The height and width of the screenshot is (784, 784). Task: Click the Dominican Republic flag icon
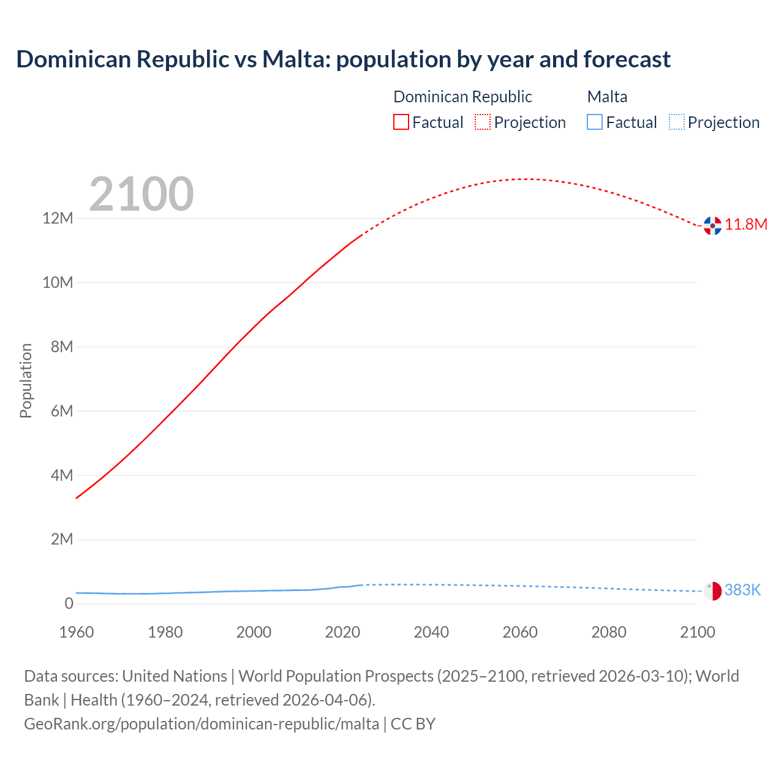712,225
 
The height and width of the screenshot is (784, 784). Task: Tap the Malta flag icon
712,591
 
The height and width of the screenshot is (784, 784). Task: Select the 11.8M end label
746,225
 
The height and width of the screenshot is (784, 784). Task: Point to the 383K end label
742,590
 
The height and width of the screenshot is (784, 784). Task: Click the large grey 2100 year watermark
141,194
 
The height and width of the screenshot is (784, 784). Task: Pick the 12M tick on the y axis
58,219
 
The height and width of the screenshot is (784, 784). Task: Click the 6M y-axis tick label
62,411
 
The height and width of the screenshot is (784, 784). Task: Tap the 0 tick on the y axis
69,603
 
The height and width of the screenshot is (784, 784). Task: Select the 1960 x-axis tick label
77,632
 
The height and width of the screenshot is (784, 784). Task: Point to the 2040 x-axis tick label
431,632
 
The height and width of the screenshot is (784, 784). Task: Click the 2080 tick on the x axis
609,632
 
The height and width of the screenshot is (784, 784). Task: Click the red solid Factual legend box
401,123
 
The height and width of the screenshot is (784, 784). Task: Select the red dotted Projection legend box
483,123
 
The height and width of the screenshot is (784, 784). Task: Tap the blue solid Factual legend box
595,123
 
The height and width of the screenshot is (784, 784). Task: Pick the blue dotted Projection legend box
676,123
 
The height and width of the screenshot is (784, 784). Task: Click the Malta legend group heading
607,97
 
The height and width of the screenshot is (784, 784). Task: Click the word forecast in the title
627,59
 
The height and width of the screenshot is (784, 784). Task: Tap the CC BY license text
413,724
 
